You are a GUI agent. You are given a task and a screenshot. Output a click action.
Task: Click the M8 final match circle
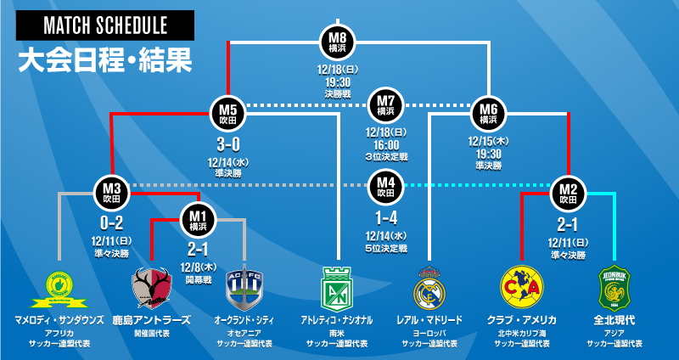click(339, 42)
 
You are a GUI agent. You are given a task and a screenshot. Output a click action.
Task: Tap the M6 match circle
click(488, 113)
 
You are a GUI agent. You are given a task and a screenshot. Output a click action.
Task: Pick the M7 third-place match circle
click(386, 105)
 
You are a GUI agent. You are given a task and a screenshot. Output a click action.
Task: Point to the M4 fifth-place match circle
click(386, 186)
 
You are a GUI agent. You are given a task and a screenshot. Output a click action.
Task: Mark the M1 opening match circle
click(198, 220)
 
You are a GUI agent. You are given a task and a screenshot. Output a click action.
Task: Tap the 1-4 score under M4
click(386, 218)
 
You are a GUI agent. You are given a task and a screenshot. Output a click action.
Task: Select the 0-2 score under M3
click(111, 223)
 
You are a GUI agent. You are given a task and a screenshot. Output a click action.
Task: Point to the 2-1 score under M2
click(566, 223)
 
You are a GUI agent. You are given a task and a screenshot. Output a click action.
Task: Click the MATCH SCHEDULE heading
click(105, 25)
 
